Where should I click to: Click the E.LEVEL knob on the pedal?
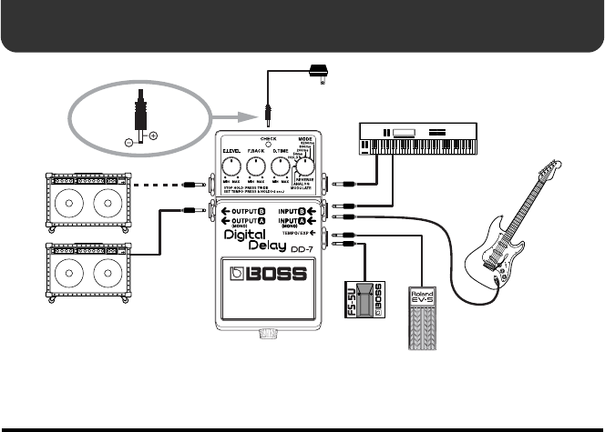click(231, 166)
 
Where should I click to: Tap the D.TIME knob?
click(282, 166)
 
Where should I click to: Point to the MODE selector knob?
click(307, 166)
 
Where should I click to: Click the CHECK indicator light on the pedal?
click(269, 144)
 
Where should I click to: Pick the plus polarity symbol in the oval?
click(152, 136)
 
